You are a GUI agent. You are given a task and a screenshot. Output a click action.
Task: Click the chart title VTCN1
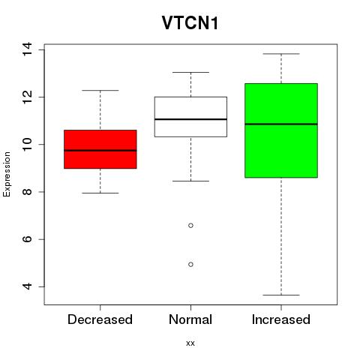(x=190, y=23)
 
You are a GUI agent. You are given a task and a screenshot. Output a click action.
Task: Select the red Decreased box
(x=100, y=149)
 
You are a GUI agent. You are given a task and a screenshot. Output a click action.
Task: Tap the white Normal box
(x=190, y=117)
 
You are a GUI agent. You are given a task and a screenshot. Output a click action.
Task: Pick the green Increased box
(x=281, y=130)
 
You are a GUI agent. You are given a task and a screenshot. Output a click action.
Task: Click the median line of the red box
(x=100, y=151)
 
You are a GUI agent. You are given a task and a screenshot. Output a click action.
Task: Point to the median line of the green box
(x=281, y=124)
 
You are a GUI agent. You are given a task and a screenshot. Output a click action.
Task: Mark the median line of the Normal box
(x=190, y=119)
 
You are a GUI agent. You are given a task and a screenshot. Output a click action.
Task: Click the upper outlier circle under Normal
(x=190, y=226)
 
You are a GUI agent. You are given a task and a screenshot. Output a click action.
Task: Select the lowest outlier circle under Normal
(x=190, y=264)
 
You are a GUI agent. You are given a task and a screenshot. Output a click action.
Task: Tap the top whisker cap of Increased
(x=281, y=54)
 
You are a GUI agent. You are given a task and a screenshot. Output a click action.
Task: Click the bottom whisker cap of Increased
(x=281, y=295)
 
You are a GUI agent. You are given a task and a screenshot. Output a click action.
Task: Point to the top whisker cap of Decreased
(x=100, y=90)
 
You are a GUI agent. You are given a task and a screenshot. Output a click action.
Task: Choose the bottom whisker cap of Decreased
(x=100, y=193)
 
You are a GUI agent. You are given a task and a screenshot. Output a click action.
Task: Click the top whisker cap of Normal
(x=190, y=72)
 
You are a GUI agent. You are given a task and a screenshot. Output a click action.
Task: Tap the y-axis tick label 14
(x=27, y=49)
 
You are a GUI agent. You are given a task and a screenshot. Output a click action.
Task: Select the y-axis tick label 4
(x=27, y=286)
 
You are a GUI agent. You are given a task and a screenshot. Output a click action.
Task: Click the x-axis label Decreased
(x=100, y=319)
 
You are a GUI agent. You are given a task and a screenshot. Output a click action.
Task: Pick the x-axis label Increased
(x=281, y=319)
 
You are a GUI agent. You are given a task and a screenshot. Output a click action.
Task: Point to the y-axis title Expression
(x=7, y=174)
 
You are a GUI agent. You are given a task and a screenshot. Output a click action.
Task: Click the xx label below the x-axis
(x=190, y=343)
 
